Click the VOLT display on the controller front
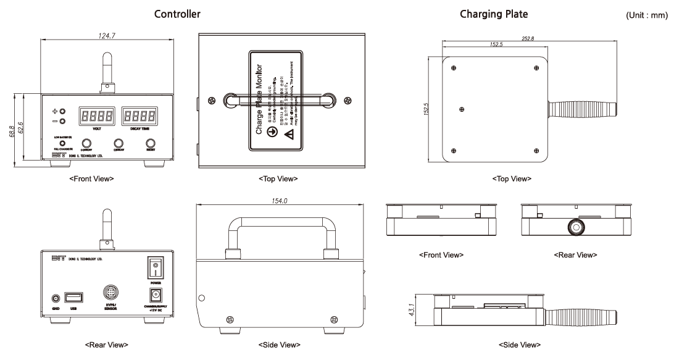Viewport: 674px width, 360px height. tap(96, 116)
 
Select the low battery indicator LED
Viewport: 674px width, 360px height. tap(62, 143)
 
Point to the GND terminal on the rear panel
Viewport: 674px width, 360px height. tap(56, 298)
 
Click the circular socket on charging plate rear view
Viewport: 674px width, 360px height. tap(576, 227)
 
